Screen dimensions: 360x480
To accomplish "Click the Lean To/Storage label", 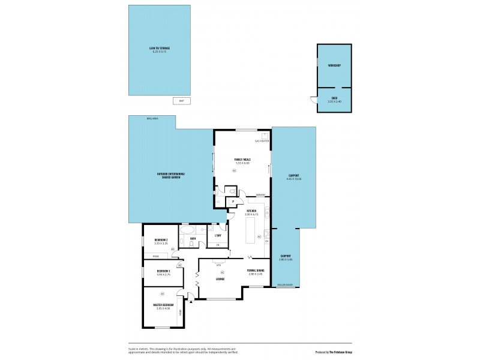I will click(x=159, y=47).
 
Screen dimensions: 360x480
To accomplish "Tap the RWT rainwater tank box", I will click(x=181, y=101).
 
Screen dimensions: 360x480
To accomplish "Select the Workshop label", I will click(x=334, y=65).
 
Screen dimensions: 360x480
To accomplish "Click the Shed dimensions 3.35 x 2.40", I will click(x=334, y=102).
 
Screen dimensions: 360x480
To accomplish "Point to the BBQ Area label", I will click(x=152, y=119).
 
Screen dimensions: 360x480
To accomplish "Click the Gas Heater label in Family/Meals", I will click(x=262, y=140).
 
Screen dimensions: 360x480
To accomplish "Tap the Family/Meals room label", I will click(x=242, y=159).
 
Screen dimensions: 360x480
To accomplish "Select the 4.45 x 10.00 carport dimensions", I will click(x=293, y=179).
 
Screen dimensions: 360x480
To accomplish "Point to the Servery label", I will click(x=260, y=195).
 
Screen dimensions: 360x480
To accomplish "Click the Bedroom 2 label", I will click(x=160, y=239).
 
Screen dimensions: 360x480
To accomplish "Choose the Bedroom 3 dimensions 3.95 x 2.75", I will click(x=163, y=275).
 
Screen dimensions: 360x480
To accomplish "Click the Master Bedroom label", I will click(x=163, y=305).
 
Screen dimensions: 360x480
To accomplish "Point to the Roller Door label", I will click(x=284, y=285).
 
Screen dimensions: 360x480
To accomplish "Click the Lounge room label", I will click(x=220, y=278).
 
